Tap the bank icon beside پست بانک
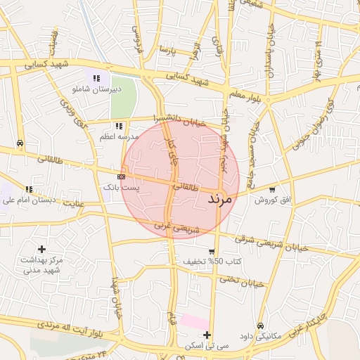click(121, 176)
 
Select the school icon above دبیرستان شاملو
click(96, 77)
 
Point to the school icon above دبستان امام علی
click(29, 189)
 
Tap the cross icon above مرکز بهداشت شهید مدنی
click(42, 249)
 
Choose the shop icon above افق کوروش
click(272, 189)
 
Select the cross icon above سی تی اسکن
click(206, 335)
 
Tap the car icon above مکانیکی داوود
click(260, 326)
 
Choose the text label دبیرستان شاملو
click(97, 89)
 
